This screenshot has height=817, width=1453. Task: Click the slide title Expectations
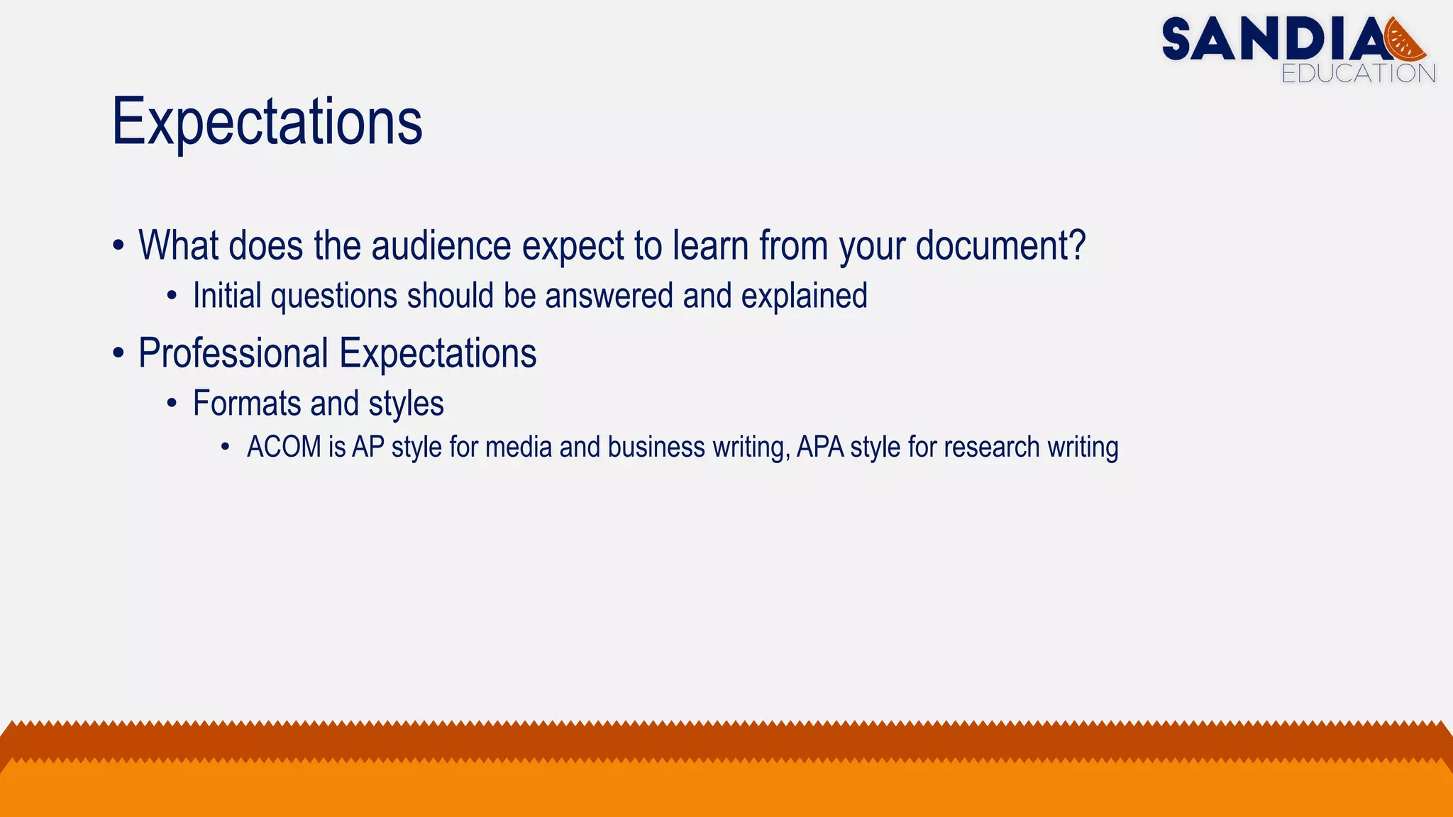267,122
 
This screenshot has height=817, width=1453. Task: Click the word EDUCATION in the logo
1358,74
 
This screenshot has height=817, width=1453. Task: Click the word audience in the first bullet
441,245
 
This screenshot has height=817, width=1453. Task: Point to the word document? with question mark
1000,245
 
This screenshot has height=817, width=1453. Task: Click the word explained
804,296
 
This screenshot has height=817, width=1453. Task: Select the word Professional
233,353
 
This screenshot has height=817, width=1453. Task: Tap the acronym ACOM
284,448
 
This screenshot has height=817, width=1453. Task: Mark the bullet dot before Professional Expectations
118,353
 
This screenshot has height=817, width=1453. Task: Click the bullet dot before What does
118,245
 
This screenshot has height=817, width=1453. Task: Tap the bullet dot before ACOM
225,448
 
